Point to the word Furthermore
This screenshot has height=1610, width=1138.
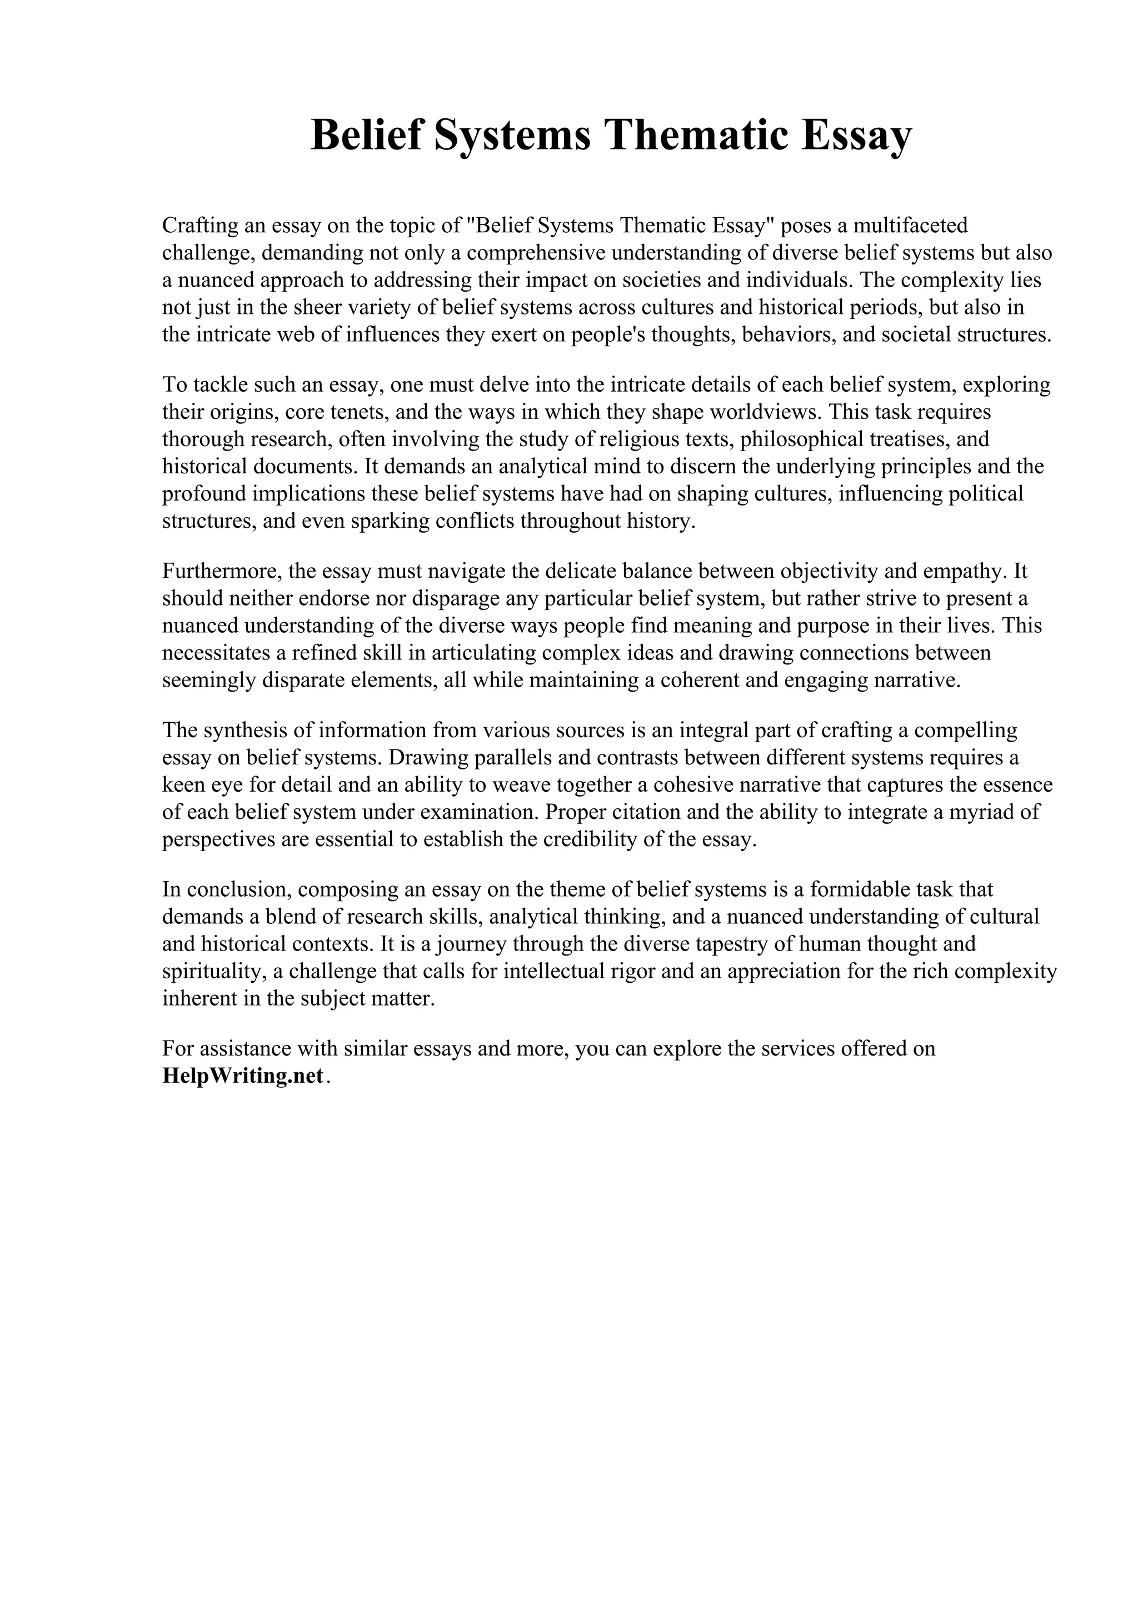tap(222, 572)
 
